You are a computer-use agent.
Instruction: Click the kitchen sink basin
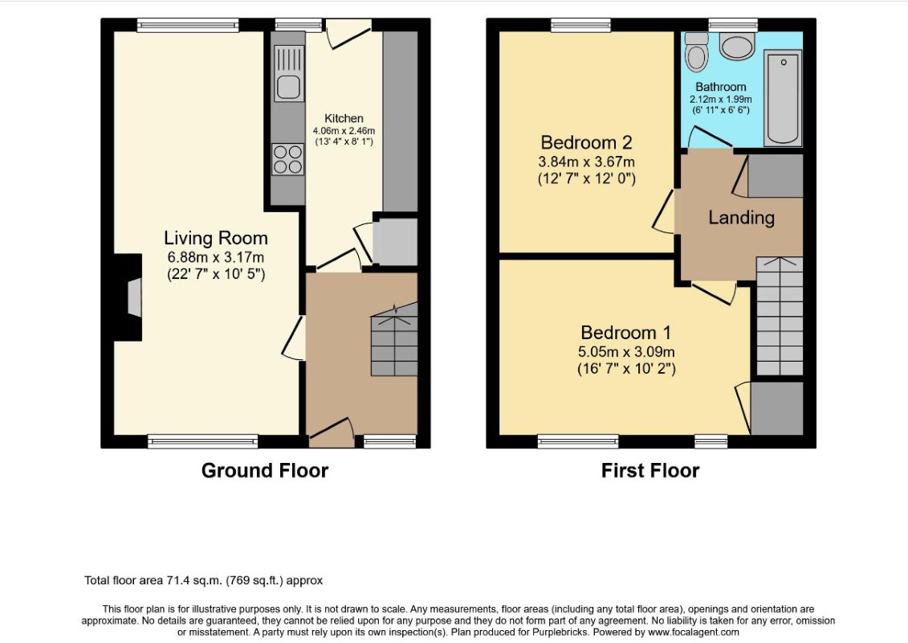[x=287, y=87]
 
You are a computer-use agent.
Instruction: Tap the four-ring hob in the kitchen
[x=287, y=159]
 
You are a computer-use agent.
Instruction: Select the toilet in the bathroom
[x=696, y=52]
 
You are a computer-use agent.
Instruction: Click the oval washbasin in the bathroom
[x=736, y=47]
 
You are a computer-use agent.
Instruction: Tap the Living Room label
[x=215, y=238]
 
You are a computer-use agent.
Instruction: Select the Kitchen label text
[x=344, y=118]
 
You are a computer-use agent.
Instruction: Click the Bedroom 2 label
[x=586, y=142]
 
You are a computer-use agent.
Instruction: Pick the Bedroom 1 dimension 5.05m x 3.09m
[x=626, y=351]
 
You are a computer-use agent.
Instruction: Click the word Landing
[x=741, y=218]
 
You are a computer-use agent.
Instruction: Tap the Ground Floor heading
[x=265, y=470]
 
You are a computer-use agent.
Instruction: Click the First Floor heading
[x=650, y=470]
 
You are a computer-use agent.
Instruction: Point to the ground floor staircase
[x=394, y=339]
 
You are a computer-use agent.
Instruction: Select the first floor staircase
[x=780, y=316]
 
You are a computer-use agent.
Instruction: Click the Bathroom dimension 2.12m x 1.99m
[x=720, y=99]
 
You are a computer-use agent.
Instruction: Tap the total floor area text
[x=203, y=580]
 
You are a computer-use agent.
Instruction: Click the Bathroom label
[x=720, y=87]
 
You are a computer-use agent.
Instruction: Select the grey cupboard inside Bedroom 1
[x=776, y=408]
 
